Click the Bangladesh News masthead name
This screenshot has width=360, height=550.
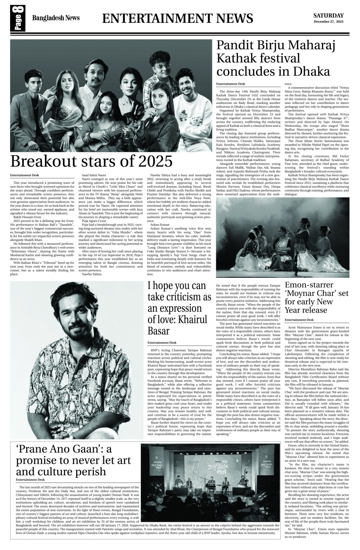pyautogui.click(x=56, y=18)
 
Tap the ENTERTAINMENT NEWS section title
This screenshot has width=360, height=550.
pyautogui.click(x=177, y=18)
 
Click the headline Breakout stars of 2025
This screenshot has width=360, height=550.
pyautogui.click(x=92, y=161)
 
